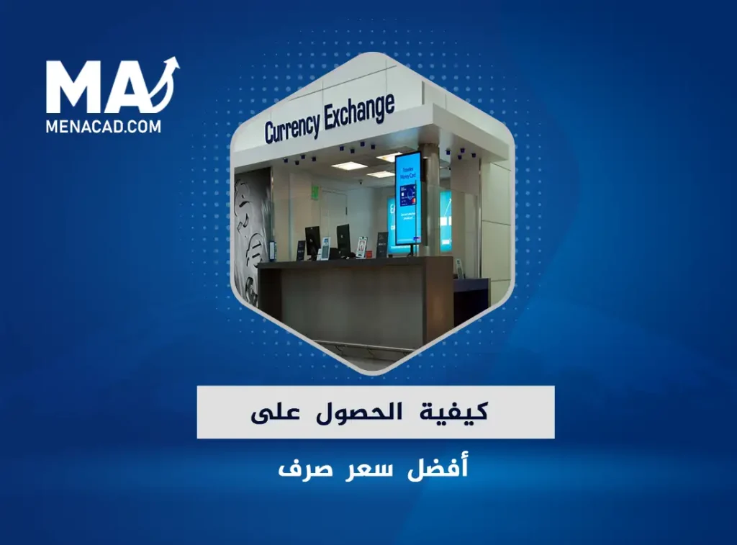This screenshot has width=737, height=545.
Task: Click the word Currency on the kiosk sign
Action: (x=292, y=127)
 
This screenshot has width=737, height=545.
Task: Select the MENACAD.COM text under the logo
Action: (x=104, y=126)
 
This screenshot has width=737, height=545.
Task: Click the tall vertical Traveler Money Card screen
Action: (x=407, y=198)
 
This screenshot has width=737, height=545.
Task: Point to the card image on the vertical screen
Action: (x=407, y=194)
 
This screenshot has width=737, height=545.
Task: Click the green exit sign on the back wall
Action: (x=315, y=191)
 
